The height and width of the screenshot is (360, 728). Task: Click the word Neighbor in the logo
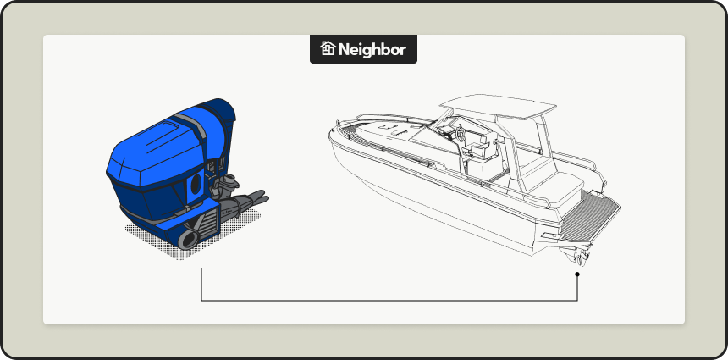click(372, 49)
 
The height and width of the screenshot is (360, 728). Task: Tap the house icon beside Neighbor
click(328, 49)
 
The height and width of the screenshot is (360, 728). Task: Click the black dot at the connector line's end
click(577, 274)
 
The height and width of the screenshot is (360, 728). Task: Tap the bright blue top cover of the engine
click(152, 152)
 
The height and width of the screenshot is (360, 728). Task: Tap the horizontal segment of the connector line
click(389, 301)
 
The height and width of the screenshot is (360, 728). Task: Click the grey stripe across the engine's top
click(194, 128)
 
